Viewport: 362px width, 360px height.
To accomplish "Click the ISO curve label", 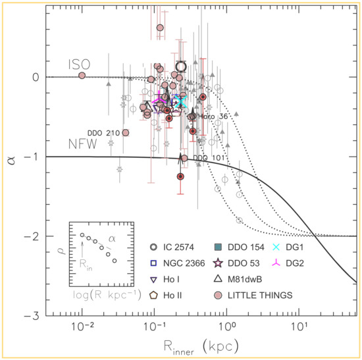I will (x=78, y=64).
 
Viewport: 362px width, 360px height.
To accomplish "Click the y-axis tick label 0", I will (x=37, y=77).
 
